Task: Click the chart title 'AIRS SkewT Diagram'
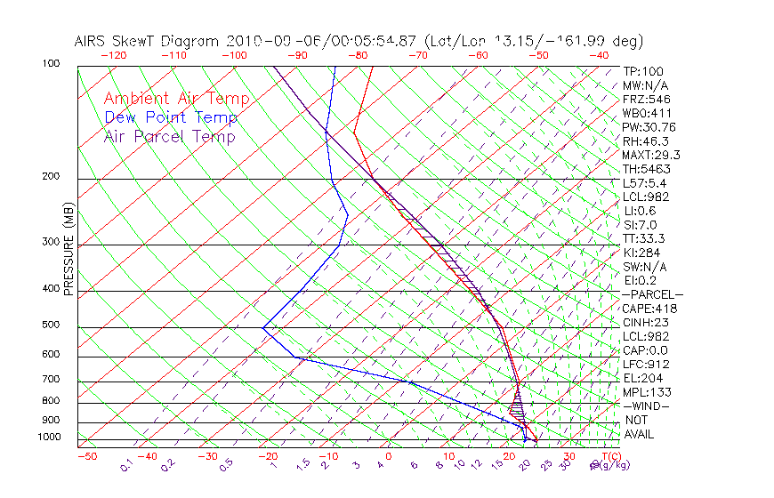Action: [x=148, y=42]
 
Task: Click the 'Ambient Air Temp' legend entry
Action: [x=176, y=99]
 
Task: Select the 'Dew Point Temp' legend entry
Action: [x=171, y=117]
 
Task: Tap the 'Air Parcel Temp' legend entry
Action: [x=169, y=136]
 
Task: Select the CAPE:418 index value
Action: [x=649, y=309]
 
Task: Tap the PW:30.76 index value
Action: [x=649, y=127]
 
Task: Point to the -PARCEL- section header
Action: [x=652, y=294]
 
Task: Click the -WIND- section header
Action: [x=647, y=406]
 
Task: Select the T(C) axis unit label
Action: [x=610, y=457]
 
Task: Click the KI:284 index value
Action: [x=643, y=253]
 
